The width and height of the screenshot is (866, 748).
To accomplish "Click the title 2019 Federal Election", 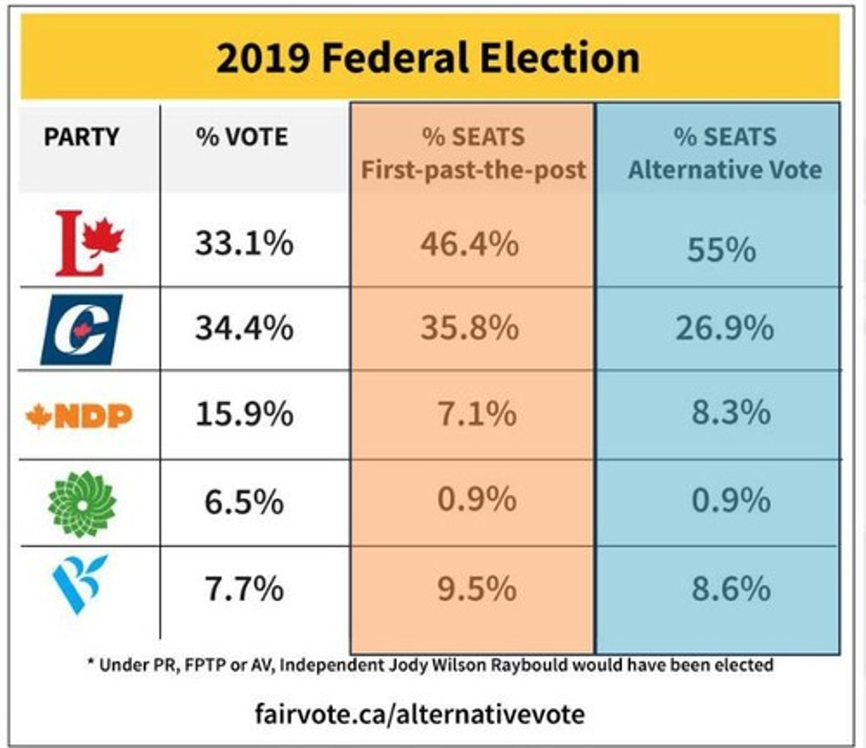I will coord(428,58).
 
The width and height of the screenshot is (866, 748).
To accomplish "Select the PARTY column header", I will coord(81,137).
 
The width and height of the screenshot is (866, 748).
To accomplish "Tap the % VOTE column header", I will coord(242,137).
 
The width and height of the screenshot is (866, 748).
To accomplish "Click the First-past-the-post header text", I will coord(474,170).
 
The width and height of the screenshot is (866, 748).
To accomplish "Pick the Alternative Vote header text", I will coord(725,170).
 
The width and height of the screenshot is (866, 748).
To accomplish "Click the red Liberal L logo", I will coord(89,243).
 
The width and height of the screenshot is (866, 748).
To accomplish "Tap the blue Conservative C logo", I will coord(82,329).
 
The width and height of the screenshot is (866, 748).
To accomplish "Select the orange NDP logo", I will coord(80,416).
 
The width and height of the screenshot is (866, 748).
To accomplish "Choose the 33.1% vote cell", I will coord(244,242).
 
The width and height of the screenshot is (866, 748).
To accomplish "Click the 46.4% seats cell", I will coord(469,243).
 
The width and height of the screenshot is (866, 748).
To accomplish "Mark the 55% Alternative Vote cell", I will coord(721,249).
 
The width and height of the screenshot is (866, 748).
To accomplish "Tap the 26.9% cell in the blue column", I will coord(724,328).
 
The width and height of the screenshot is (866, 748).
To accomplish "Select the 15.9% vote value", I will coord(244,413).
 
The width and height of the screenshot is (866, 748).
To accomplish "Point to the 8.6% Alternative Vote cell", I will coord(731,588).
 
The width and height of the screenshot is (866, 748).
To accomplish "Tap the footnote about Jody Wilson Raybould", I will coord(431,665).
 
